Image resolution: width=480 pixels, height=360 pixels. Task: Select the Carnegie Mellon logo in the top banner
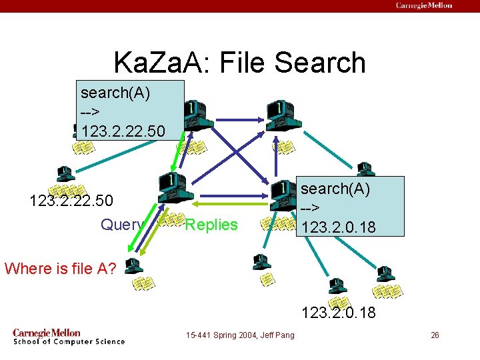coord(424,5)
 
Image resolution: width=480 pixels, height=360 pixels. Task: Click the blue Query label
coord(121,225)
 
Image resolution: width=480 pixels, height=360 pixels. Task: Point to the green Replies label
coord(211,225)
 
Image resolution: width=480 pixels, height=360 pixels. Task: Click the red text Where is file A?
coord(61,268)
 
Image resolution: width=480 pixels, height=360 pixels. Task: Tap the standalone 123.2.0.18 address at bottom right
coord(338,312)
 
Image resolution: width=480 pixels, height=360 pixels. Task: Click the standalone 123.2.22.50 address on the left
coord(71,200)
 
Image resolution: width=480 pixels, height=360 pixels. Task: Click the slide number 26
coord(435,335)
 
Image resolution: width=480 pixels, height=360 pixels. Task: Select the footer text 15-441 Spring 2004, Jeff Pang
coord(241,335)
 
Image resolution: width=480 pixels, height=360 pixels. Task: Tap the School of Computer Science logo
coord(68,337)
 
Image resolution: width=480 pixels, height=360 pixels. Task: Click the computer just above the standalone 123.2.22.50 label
coord(65,174)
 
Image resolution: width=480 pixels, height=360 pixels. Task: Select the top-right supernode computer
coord(284,115)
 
